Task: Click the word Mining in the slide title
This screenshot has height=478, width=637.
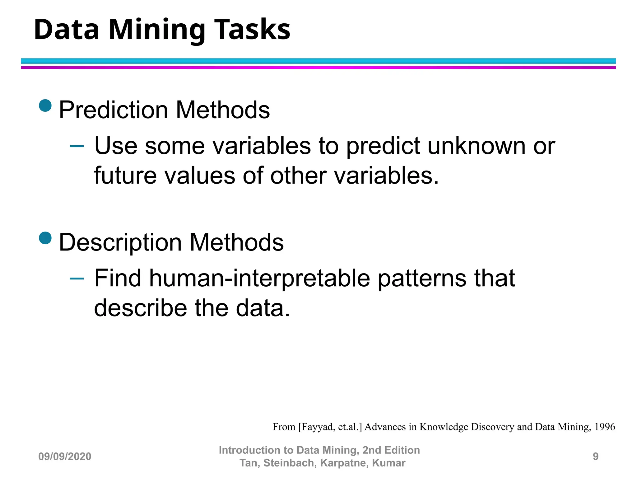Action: click(156, 30)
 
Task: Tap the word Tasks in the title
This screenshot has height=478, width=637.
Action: click(252, 30)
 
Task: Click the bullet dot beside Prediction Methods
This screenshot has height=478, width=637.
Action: click(45, 105)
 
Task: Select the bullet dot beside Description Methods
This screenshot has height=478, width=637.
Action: click(45, 238)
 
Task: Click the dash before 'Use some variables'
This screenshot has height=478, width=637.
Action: click(77, 146)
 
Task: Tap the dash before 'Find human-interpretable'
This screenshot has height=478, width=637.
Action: click(77, 278)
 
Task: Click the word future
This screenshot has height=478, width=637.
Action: click(125, 176)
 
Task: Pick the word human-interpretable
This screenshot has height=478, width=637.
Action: click(260, 278)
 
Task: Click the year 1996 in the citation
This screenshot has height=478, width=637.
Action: click(605, 427)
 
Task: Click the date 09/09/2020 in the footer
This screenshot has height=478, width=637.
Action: click(65, 457)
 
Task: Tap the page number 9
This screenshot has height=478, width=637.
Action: click(595, 457)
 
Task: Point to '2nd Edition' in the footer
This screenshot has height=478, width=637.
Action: click(391, 450)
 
